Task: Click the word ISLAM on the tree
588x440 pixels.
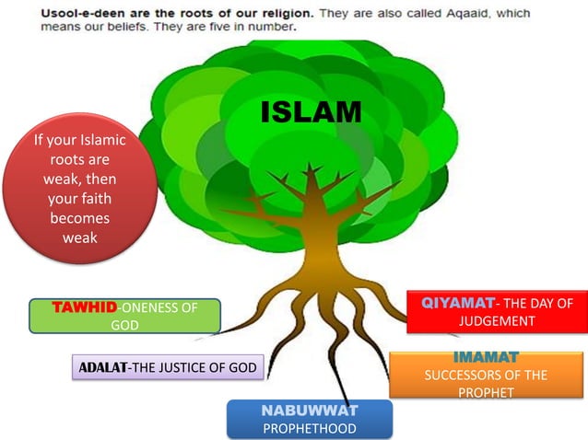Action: (311, 112)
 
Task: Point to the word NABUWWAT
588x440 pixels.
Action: (309, 410)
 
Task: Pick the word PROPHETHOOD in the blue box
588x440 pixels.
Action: (309, 428)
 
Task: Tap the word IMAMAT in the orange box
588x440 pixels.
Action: (486, 357)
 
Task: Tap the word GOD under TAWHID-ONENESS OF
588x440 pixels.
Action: (124, 325)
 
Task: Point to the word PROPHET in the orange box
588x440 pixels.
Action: (485, 392)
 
